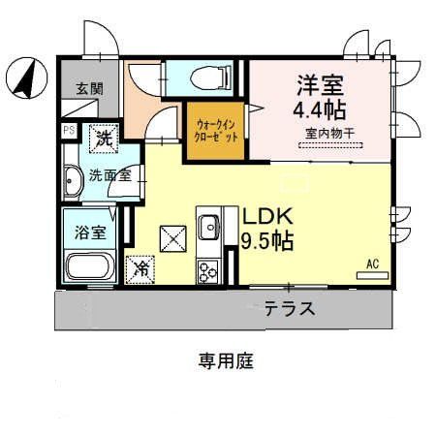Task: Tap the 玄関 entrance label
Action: (x=90, y=87)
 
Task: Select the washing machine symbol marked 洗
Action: (x=103, y=138)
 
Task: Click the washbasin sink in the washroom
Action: (x=74, y=178)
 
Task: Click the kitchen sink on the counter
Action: (x=209, y=228)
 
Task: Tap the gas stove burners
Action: (x=208, y=272)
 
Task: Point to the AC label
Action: (x=372, y=263)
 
